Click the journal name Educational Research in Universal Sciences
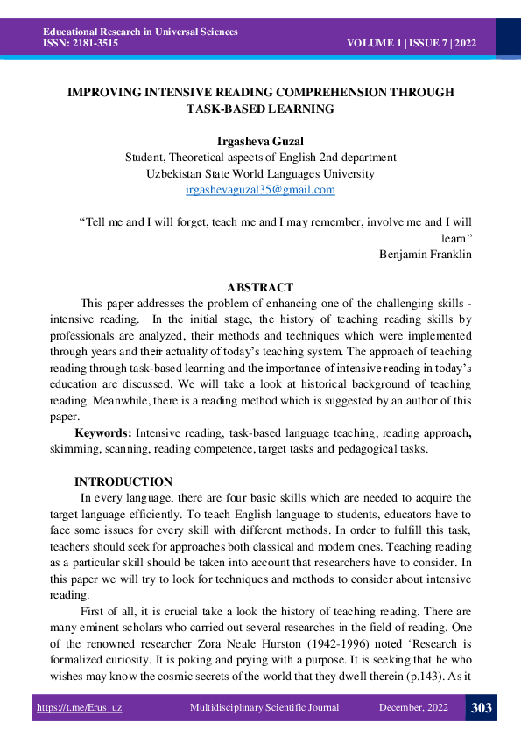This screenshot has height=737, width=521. [x=139, y=32]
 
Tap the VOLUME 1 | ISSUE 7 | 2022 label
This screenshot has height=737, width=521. [x=411, y=43]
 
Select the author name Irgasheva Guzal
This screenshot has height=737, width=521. [x=260, y=142]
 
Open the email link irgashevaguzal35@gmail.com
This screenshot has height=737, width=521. [x=260, y=189]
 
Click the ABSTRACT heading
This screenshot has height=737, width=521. [x=260, y=287]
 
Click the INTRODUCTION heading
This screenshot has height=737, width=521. [x=123, y=481]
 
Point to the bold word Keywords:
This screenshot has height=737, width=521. [x=103, y=432]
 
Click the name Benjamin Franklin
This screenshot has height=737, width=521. [x=426, y=255]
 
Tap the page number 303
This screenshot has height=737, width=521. [x=481, y=708]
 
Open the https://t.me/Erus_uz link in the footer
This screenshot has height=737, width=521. [x=79, y=708]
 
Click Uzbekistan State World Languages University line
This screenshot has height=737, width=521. [x=260, y=173]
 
